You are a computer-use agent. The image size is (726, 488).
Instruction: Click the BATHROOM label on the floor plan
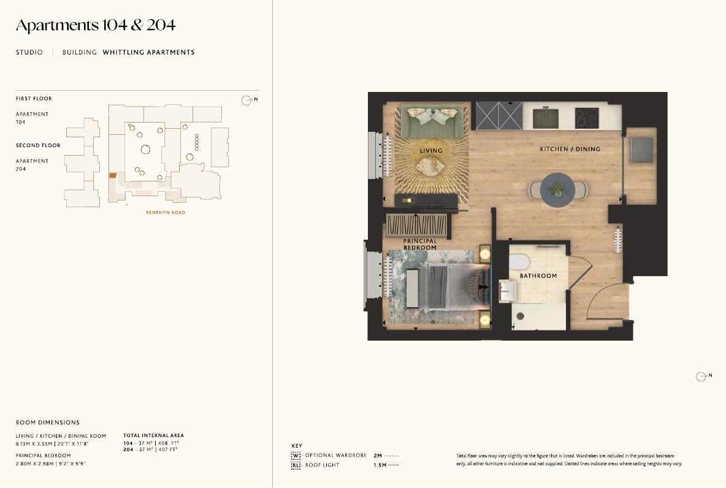click(538, 275)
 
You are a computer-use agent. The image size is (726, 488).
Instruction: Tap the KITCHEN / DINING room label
click(570, 149)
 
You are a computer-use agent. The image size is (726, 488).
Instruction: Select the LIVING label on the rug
click(431, 150)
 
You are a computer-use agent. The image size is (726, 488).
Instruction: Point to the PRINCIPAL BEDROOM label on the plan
click(420, 244)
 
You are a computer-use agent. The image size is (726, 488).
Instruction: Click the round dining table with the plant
click(558, 190)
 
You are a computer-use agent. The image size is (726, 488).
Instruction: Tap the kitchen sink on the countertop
click(546, 118)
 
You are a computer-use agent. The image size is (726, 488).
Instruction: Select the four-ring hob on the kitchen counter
click(587, 118)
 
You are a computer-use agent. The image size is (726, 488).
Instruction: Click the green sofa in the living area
click(432, 121)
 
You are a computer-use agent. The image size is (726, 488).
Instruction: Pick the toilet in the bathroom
click(519, 262)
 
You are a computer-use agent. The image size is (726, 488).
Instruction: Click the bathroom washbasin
click(508, 291)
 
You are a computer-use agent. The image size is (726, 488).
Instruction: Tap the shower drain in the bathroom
click(521, 316)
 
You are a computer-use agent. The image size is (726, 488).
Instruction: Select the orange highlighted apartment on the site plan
click(113, 175)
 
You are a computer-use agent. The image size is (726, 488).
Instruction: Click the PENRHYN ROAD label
click(166, 213)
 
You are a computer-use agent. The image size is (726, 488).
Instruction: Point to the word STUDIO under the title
click(29, 52)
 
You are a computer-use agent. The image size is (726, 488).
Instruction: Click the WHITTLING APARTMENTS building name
click(148, 52)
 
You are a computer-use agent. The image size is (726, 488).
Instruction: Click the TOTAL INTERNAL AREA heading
click(154, 435)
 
